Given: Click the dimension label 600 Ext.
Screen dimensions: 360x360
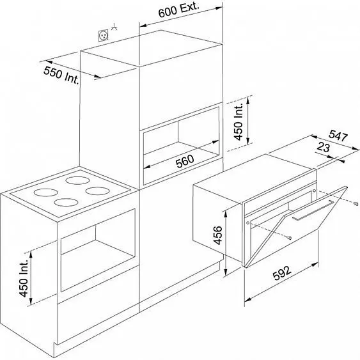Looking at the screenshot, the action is tap(178, 10).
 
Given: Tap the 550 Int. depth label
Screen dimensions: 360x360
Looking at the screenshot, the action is tap(61, 75).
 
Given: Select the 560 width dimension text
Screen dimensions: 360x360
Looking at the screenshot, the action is tap(185, 161).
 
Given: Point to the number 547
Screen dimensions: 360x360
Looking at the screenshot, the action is tap(338, 135).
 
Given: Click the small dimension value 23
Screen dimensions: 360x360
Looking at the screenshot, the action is tap(324, 147).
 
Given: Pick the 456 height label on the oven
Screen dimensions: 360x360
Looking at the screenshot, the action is tap(218, 235).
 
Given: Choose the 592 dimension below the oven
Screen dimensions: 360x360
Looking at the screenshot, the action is tap(283, 273).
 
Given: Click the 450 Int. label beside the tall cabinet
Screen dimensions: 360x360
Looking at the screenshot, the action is tap(239, 121).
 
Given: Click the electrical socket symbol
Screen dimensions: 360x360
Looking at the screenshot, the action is tap(103, 36).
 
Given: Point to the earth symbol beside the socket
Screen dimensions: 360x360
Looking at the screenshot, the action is tap(114, 27).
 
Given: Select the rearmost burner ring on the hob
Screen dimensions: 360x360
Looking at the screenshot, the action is tap(77, 180).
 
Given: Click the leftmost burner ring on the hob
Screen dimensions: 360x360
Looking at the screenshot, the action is tap(45, 192).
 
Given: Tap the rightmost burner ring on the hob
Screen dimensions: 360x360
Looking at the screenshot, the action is tap(97, 191).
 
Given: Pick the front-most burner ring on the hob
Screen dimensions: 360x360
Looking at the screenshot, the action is tap(66, 202).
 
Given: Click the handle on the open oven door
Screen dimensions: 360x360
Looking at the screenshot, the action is tap(313, 210).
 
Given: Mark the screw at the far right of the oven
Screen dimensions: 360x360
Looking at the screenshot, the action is tap(356, 203).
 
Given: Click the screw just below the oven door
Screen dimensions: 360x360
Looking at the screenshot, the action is tap(290, 238).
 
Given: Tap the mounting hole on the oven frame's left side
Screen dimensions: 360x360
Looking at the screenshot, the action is tap(247, 223).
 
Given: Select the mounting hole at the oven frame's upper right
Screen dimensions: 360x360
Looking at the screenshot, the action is tap(315, 191).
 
